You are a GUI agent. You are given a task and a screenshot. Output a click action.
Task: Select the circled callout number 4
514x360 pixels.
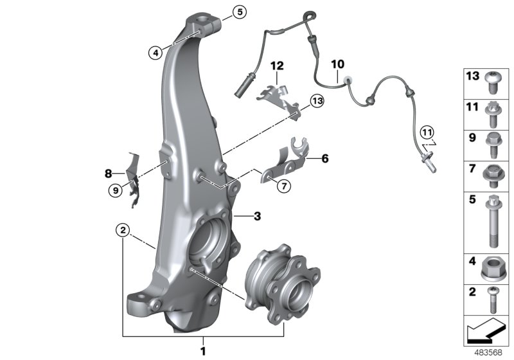click(154, 53)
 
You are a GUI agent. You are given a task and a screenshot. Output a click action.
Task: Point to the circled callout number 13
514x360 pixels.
click(316, 100)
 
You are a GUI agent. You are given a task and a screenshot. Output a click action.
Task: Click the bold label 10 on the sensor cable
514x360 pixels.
click(337, 64)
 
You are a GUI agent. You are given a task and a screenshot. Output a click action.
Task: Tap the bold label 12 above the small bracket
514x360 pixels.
click(276, 66)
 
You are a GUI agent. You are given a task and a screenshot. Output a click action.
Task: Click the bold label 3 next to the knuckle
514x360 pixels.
click(256, 217)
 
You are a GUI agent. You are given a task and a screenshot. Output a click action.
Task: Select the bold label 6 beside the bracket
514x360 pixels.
click(324, 157)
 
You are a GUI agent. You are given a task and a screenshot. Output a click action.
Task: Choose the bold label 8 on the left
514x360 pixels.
click(109, 173)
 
